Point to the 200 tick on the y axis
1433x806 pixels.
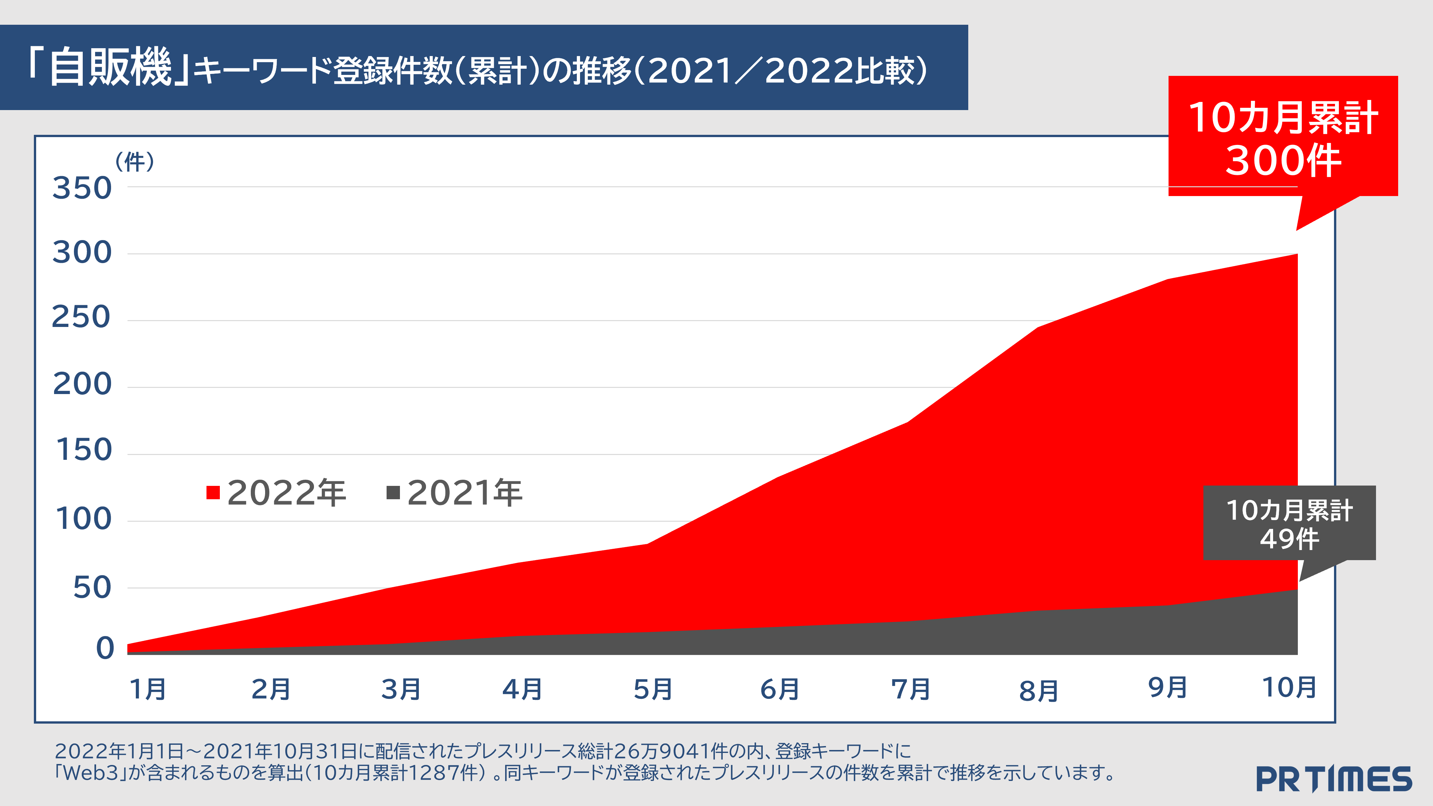[82, 384]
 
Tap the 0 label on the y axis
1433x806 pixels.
[105, 648]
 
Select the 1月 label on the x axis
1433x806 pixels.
[148, 689]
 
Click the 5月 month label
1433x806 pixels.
[653, 689]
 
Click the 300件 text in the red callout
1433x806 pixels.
[1283, 161]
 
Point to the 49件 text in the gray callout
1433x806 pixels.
[1289, 539]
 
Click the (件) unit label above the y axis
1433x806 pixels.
[135, 162]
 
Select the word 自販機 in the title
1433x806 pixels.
[110, 68]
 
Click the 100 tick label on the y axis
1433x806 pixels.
[83, 519]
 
